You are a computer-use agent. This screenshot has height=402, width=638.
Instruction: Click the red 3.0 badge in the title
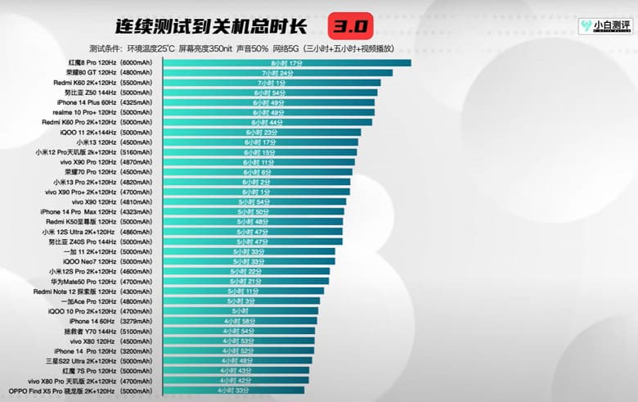click(x=351, y=25)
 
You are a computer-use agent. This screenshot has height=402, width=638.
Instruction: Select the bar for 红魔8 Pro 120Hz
click(x=286, y=62)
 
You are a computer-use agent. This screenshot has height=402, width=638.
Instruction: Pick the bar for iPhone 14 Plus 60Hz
click(x=269, y=102)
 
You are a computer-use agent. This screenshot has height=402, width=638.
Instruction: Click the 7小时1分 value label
click(x=272, y=83)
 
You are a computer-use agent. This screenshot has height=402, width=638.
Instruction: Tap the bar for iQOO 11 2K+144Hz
click(x=262, y=132)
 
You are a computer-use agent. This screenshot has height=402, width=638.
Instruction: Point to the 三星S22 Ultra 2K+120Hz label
click(x=97, y=360)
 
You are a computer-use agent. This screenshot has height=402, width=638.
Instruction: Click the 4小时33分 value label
click(x=233, y=391)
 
